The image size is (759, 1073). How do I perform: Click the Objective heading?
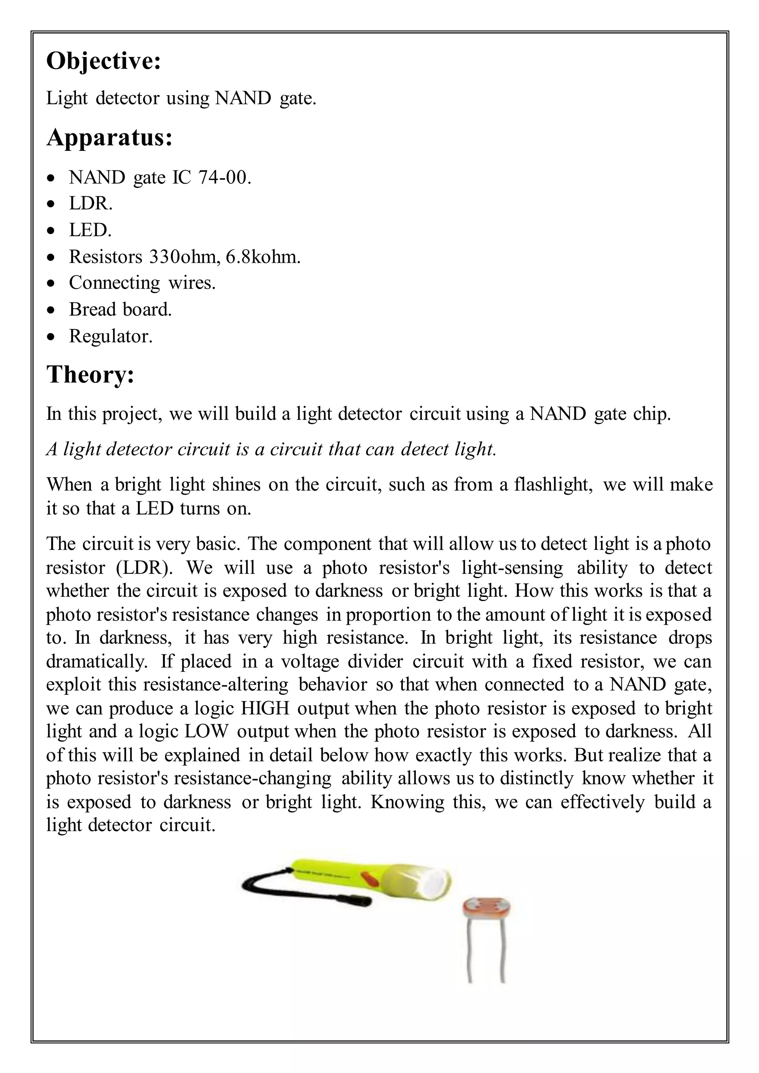coord(104,61)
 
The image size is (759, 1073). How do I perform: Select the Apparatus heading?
coord(109,138)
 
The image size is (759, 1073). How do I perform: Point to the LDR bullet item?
coord(91,204)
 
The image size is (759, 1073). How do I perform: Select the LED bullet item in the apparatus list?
coord(90,230)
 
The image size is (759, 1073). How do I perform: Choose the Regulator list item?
coord(111,336)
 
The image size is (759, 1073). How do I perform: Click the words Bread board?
coord(120,309)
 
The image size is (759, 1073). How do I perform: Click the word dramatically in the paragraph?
coord(96,661)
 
